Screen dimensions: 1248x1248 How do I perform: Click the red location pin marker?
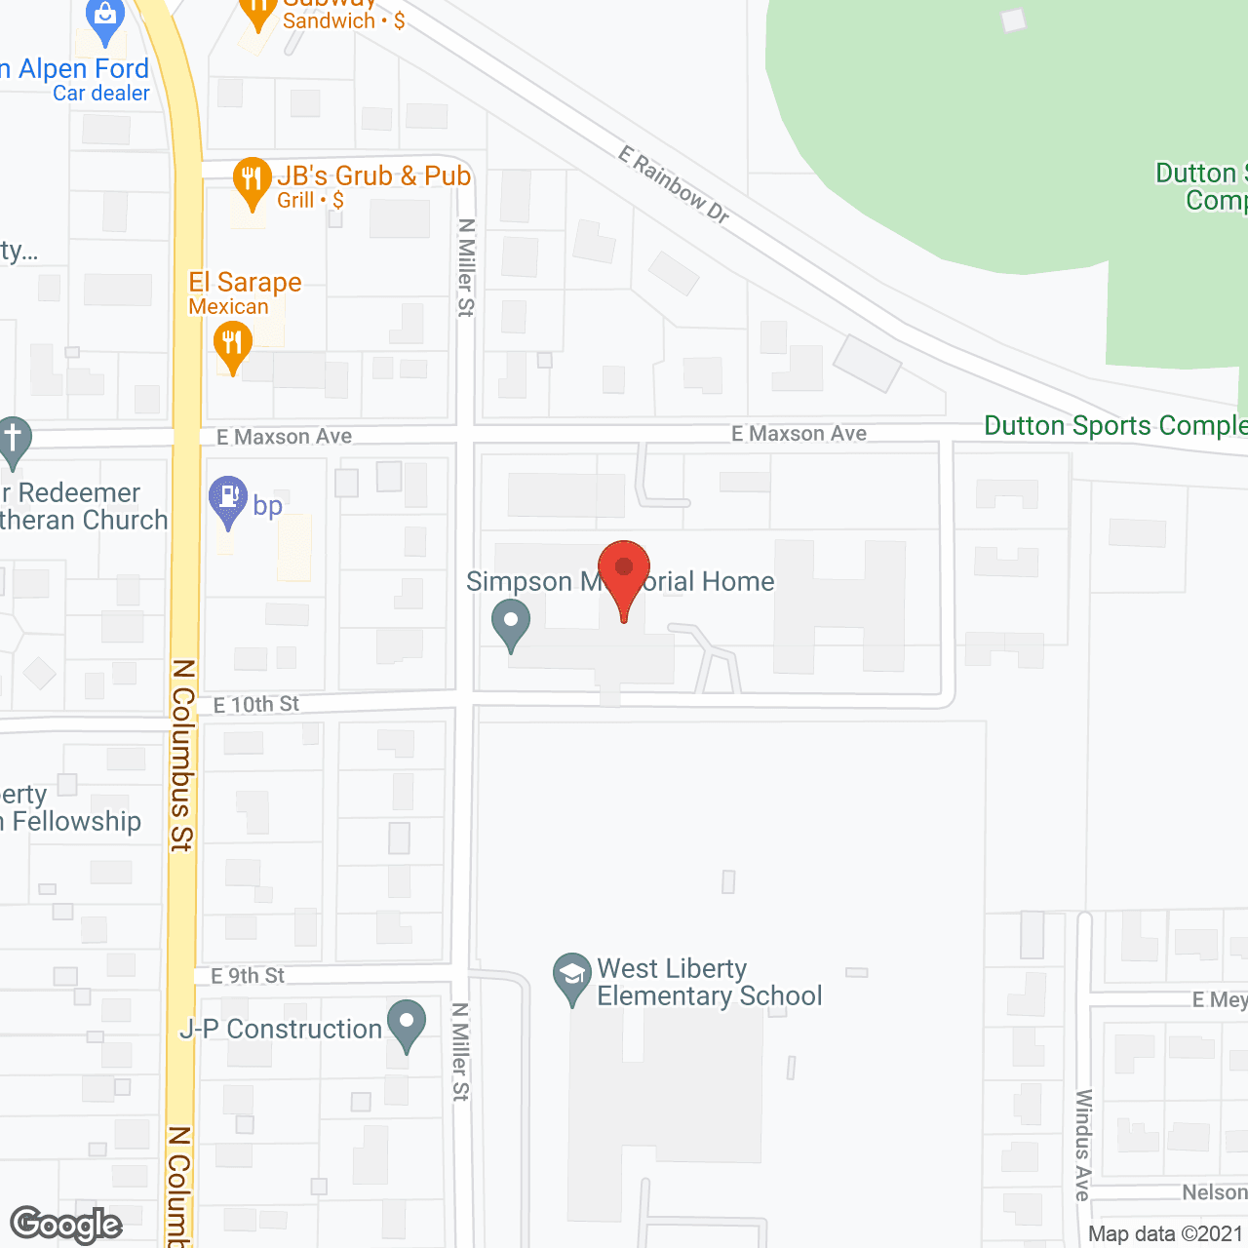[x=623, y=571]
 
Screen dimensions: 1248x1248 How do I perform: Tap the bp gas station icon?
[x=228, y=498]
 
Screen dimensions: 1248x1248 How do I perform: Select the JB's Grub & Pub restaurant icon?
[x=253, y=180]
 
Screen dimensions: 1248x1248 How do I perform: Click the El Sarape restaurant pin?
[x=232, y=346]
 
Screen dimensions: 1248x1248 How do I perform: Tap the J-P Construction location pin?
[x=407, y=1024]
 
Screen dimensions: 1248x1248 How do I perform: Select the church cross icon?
[x=13, y=440]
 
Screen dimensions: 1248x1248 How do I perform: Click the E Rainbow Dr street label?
[x=674, y=184]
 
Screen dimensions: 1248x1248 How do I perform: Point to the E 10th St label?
[x=256, y=704]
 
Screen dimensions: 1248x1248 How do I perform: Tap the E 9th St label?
[x=248, y=975]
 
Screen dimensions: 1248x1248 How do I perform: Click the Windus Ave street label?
[x=1082, y=1145]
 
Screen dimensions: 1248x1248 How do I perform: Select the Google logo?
[x=65, y=1225]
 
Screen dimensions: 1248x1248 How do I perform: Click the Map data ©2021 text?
[x=1166, y=1233]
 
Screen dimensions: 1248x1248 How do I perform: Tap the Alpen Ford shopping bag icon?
[x=104, y=17]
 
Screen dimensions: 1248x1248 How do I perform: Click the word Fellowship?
[x=77, y=821]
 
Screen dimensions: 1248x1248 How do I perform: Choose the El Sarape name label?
[x=245, y=283]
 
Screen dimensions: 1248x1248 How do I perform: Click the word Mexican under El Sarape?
[x=228, y=306]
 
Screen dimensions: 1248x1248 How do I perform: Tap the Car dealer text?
[x=101, y=94]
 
